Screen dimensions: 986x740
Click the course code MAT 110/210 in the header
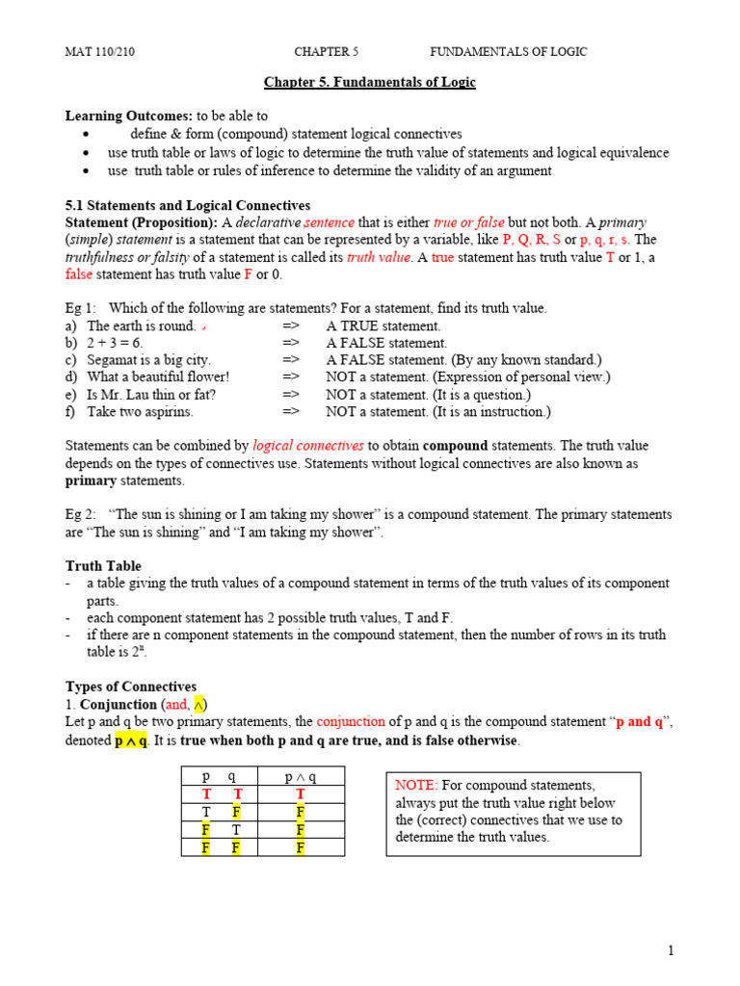click(100, 52)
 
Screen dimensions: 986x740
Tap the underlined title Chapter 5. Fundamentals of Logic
click(370, 83)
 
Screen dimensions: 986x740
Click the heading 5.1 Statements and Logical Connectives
click(188, 205)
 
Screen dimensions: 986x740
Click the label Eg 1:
click(81, 308)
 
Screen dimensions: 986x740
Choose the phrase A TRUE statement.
click(383, 325)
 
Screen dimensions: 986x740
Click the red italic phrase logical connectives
click(308, 446)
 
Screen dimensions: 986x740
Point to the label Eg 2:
click(81, 515)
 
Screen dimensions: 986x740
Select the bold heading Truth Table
click(103, 566)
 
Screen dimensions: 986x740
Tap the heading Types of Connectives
click(131, 687)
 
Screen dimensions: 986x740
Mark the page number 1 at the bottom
click(671, 951)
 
